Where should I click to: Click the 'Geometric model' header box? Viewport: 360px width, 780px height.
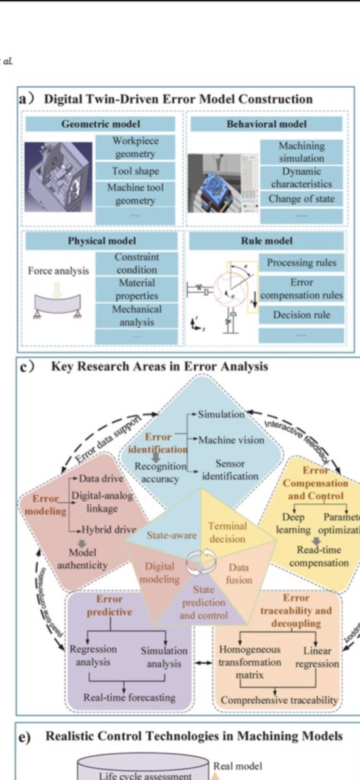pos(100,124)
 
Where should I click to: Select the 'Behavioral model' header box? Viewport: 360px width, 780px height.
pos(266,124)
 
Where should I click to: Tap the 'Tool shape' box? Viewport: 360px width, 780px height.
pos(135,171)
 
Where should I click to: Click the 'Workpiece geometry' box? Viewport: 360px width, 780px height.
pos(135,148)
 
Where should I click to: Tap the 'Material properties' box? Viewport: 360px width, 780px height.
pos(136,289)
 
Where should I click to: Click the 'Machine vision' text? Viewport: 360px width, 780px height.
pos(231,440)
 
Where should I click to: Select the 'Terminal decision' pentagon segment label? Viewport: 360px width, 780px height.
pos(227,532)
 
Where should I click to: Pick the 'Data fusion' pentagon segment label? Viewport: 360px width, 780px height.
pos(238,573)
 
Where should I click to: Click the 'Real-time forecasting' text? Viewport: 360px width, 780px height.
pos(129,697)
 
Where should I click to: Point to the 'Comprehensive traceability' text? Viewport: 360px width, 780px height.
pos(279,700)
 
